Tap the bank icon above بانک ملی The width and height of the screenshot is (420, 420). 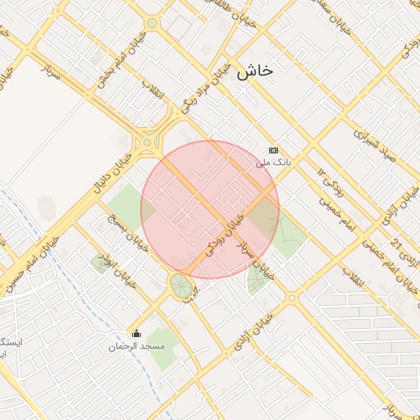click(273, 150)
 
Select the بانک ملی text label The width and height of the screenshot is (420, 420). click(273, 162)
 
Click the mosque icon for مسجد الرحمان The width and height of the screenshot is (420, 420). click(137, 333)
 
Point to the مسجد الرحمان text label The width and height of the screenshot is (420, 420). click(137, 346)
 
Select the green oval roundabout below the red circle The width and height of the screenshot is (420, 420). click(180, 286)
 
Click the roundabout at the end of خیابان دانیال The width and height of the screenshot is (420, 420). click(148, 141)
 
